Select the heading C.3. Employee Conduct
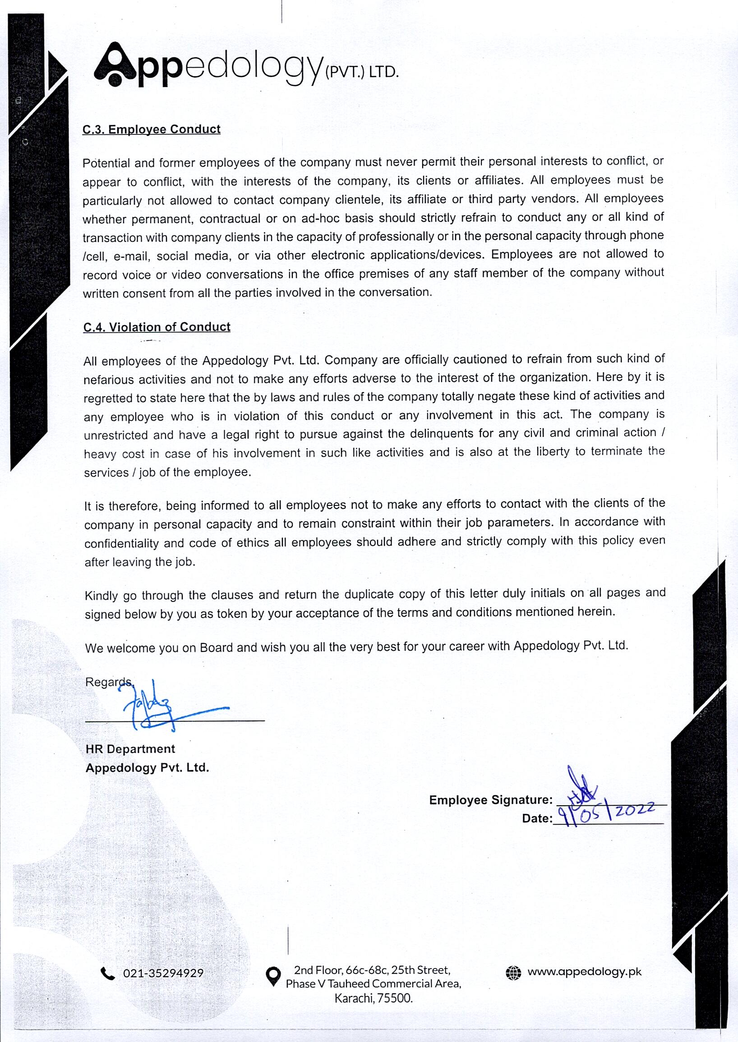[151, 129]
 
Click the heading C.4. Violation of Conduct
[157, 327]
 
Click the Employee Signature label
[490, 800]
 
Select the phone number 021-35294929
[163, 973]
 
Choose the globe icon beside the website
[513, 973]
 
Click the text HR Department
[130, 749]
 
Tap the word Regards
[108, 682]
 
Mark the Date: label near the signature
[537, 818]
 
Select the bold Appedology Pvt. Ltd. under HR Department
[147, 768]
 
